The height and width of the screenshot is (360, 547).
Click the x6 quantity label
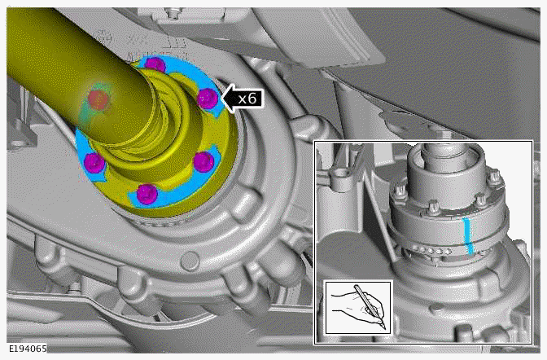click(x=247, y=99)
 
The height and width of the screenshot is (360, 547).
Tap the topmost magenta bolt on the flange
click(x=155, y=65)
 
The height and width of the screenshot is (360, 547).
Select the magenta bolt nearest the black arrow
click(x=208, y=99)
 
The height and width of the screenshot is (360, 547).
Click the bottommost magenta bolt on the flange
click(x=147, y=194)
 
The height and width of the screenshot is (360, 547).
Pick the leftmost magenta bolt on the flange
click(x=94, y=162)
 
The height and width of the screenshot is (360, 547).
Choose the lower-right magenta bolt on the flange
click(x=203, y=162)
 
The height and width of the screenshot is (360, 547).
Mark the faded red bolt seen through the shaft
click(x=98, y=100)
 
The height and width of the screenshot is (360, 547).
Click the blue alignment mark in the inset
click(x=469, y=236)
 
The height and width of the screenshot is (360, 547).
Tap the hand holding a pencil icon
click(x=359, y=308)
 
